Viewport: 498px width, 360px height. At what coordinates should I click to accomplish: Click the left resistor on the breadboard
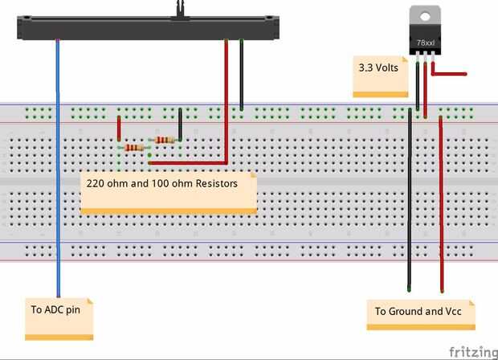(x=133, y=148)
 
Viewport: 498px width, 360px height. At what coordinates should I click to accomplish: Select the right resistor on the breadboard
(x=164, y=140)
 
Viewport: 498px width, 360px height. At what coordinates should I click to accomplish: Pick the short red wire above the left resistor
(x=119, y=129)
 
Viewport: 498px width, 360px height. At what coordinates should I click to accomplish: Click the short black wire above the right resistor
(x=180, y=124)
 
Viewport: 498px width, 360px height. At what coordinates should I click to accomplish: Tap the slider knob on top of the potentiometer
(x=179, y=6)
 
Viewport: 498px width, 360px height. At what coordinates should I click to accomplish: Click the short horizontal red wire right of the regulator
(x=450, y=74)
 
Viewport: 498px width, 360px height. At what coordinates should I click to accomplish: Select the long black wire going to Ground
(x=410, y=201)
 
